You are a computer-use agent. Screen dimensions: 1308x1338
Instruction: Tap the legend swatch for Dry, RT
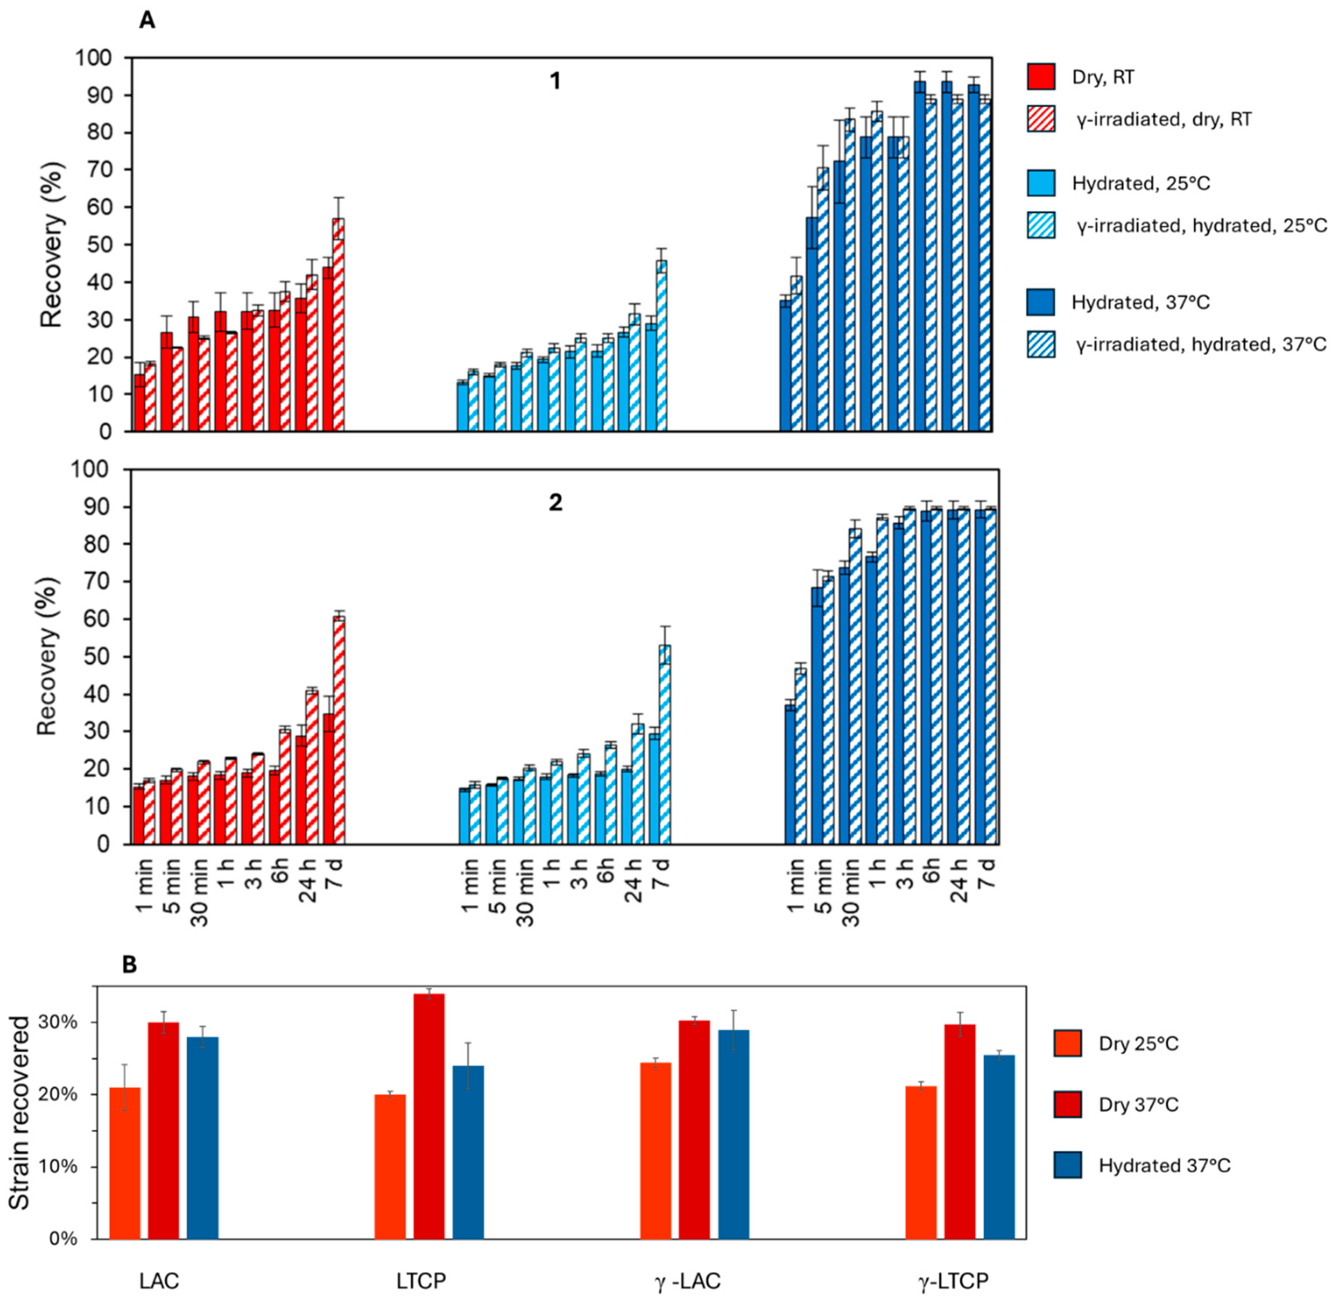coord(1041,76)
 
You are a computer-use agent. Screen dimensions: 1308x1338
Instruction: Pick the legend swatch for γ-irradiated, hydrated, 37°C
coord(1041,344)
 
